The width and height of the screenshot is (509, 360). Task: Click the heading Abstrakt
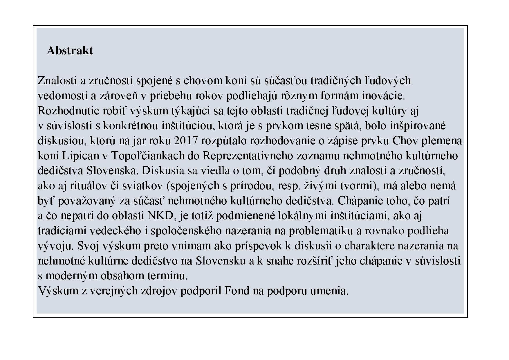coord(70,51)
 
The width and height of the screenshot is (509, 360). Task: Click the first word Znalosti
coord(57,81)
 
